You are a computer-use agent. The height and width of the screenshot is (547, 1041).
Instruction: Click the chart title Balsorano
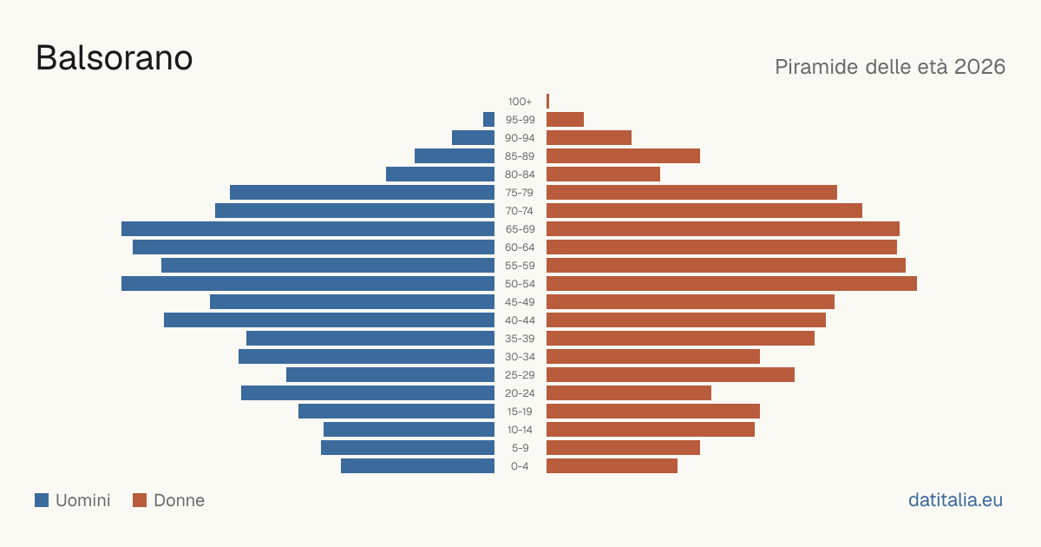114,58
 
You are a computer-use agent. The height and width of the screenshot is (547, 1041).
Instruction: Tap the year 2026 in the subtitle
979,67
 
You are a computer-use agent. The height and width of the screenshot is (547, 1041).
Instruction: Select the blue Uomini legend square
42,500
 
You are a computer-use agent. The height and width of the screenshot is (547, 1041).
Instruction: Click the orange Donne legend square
140,500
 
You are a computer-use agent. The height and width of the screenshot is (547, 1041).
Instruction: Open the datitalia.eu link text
955,500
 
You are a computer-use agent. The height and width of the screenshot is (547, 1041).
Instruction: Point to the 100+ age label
520,102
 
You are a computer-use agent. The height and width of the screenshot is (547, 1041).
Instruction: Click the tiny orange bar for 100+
548,102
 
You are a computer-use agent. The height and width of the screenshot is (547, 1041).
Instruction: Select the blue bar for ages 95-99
489,120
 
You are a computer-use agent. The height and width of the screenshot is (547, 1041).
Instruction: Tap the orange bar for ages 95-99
565,120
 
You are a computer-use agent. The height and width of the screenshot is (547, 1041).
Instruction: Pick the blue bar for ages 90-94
473,138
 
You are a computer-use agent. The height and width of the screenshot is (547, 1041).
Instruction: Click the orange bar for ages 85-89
623,155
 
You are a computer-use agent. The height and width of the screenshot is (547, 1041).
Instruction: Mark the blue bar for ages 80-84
440,175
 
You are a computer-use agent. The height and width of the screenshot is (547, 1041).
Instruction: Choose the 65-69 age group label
520,229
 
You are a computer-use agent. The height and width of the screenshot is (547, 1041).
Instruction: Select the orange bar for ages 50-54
731,284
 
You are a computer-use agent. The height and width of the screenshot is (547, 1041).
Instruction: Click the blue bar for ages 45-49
352,302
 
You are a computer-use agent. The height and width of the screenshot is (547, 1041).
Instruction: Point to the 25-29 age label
520,375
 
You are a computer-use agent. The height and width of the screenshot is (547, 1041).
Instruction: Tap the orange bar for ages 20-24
629,393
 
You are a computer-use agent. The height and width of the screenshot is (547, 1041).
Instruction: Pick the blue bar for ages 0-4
418,466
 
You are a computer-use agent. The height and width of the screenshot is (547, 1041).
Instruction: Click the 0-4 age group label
520,466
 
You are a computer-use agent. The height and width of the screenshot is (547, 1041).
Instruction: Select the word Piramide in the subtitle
816,67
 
